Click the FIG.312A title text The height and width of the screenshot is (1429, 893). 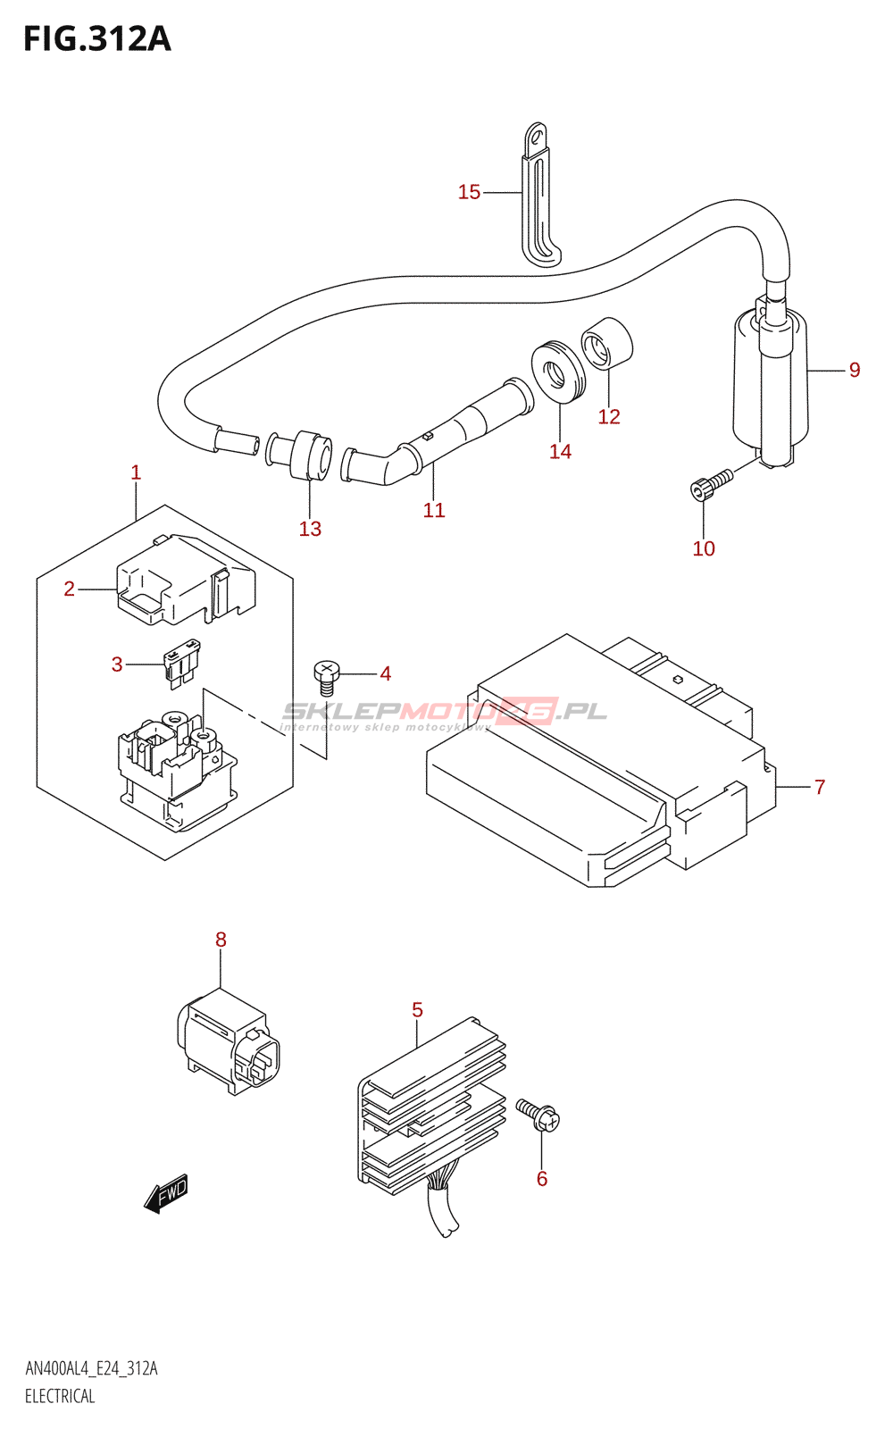96,39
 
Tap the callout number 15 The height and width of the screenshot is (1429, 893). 469,192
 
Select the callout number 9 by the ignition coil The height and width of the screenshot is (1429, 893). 855,370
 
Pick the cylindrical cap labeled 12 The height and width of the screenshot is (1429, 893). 607,342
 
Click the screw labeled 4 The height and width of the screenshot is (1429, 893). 327,676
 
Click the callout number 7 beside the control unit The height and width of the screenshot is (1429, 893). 820,787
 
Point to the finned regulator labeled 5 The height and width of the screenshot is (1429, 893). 432,1107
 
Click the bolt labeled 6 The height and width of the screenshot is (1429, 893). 538,1115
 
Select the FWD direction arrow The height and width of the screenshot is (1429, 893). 166,1194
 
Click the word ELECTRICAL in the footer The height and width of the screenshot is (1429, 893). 60,1396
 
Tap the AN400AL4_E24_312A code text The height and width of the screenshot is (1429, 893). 91,1368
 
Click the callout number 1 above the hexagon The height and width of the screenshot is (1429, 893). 136,472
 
